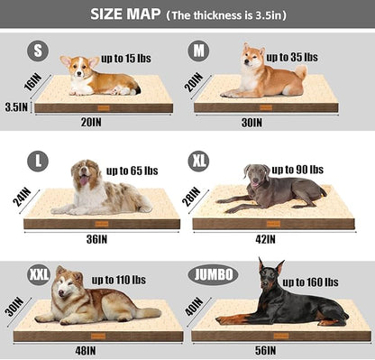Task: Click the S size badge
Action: click(38, 51)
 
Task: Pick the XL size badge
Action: click(199, 162)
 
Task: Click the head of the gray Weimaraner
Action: click(255, 174)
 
